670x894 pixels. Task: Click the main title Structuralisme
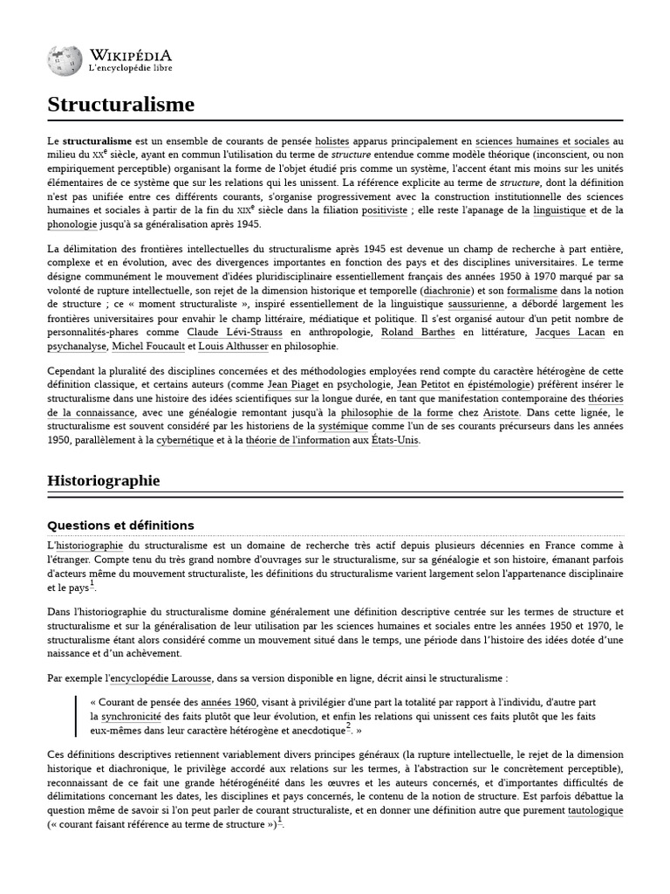120,105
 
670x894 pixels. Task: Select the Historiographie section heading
104,481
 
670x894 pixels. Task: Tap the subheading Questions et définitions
120,525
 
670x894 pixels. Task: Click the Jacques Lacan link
565,332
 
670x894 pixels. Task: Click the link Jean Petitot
423,384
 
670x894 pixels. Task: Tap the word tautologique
596,810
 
